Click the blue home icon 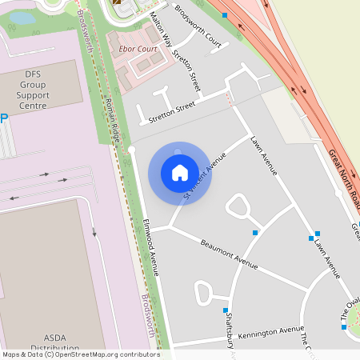pyautogui.click(x=179, y=172)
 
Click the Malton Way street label pyautogui.click(x=161, y=30)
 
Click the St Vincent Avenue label pyautogui.click(x=200, y=178)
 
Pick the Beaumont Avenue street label pyautogui.click(x=229, y=254)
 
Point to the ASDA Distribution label pyautogui.click(x=54, y=342)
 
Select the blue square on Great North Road pyautogui.click(x=225, y=15)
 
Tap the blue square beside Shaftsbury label pyautogui.click(x=226, y=310)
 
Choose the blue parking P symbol pyautogui.click(x=3, y=118)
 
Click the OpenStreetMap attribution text pyautogui.click(x=80, y=354)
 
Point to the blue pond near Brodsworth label pyautogui.click(x=22, y=18)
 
